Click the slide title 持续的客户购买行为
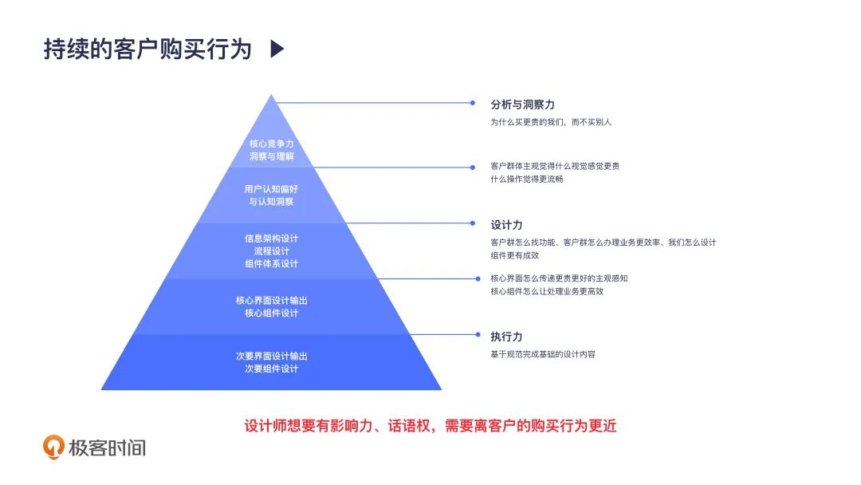147,49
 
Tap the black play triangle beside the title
277,49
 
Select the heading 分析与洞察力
522,104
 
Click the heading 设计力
506,225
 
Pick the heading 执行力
506,337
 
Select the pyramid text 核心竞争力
271,144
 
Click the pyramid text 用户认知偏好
271,189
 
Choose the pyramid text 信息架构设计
271,238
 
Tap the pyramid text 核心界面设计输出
271,300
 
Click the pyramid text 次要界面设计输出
271,356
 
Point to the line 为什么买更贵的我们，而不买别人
550,123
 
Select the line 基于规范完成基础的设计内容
542,354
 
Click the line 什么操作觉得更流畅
527,179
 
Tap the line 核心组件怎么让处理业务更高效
547,291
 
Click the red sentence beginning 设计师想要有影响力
430,426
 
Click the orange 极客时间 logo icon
54,448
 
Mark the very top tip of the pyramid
272,96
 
